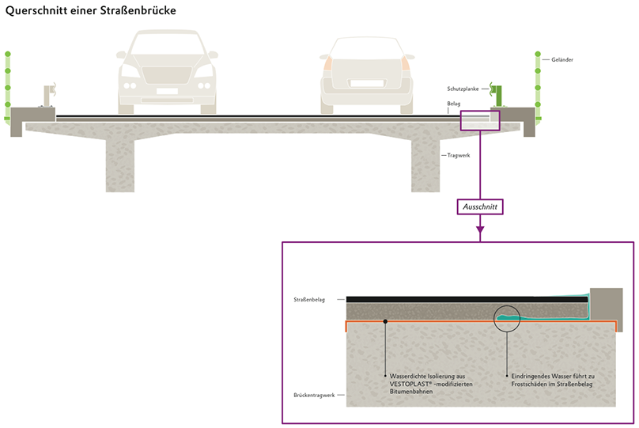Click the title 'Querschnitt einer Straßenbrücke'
pyautogui.click(x=90, y=12)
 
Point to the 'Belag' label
pyautogui.click(x=453, y=104)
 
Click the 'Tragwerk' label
pyautogui.click(x=459, y=155)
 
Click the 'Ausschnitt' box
pyautogui.click(x=479, y=206)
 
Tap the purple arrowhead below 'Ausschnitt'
pyautogui.click(x=479, y=231)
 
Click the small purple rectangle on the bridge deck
pyautogui.click(x=480, y=119)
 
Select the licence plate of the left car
pyautogui.click(x=166, y=90)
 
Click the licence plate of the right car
pyautogui.click(x=365, y=83)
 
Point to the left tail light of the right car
pyautogui.click(x=324, y=63)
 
